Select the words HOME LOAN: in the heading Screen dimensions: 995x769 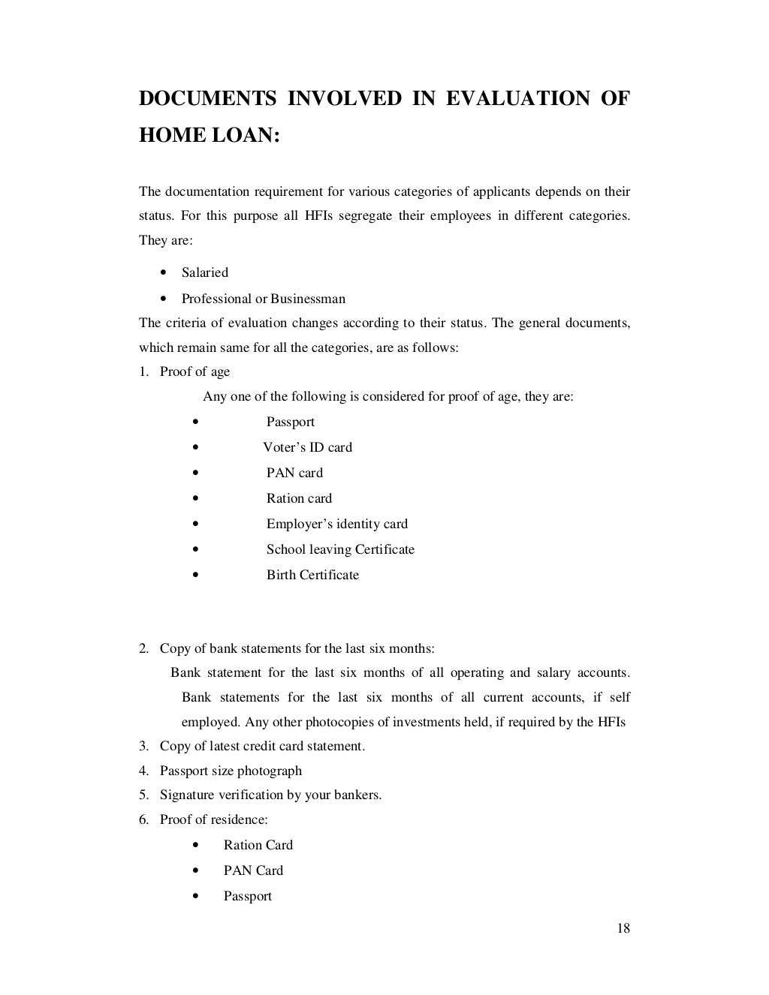coord(209,135)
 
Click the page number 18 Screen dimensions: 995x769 coord(623,928)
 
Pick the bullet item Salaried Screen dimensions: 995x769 coord(204,272)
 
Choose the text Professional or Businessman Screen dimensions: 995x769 coord(263,299)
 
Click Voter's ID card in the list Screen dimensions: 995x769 coord(307,447)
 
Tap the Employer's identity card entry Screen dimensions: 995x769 coord(336,524)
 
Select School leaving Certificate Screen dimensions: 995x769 coord(340,549)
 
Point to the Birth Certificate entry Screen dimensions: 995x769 coord(312,575)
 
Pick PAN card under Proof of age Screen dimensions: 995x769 coord(294,473)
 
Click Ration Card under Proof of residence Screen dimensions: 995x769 coord(258,845)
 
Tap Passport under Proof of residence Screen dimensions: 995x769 coord(247,896)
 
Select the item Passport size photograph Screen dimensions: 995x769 coord(231,771)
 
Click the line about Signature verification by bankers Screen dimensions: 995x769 coord(270,795)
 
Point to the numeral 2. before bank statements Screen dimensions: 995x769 coord(143,648)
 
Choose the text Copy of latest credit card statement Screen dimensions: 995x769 coord(262,746)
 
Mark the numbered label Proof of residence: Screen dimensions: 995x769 coord(213,819)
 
